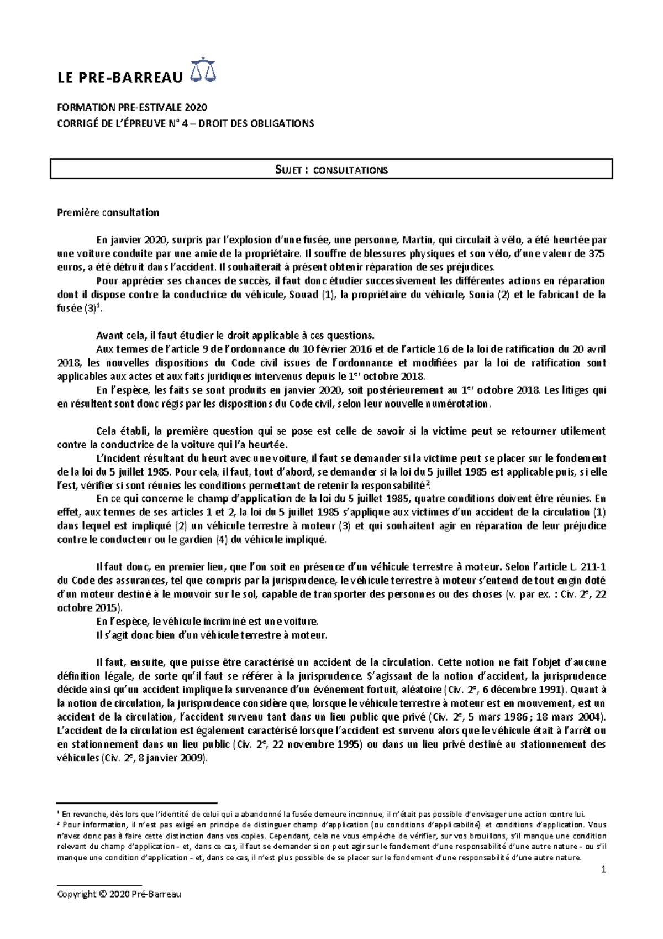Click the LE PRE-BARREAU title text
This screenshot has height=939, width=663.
pos(119,77)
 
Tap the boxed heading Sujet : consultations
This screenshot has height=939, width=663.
pos(331,169)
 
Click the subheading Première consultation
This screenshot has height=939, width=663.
pos(108,212)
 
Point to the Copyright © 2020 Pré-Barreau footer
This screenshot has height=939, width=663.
pos(119,894)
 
